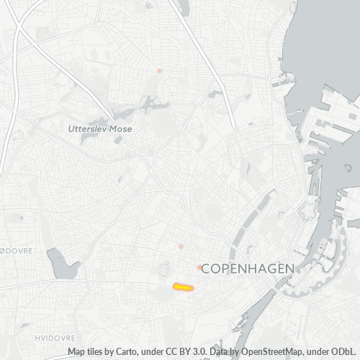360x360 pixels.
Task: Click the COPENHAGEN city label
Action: click(x=248, y=268)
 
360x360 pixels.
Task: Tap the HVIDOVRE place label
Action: click(x=51, y=337)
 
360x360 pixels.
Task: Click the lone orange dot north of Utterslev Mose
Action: click(x=159, y=71)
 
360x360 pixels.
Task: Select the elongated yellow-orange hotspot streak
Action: click(x=183, y=287)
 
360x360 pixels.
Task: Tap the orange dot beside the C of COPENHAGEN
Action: click(x=199, y=268)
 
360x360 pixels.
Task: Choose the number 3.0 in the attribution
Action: click(x=193, y=352)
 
